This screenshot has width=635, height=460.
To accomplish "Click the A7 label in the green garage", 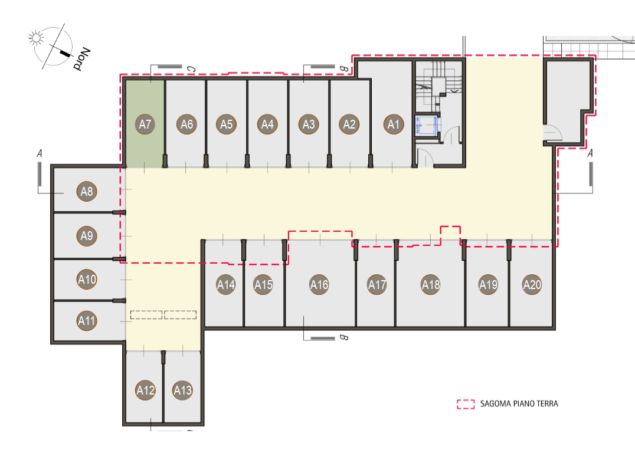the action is pyautogui.click(x=145, y=124).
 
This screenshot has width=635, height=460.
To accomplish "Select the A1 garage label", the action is pyautogui.click(x=394, y=124).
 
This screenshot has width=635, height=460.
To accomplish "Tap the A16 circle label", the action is pyautogui.click(x=319, y=285).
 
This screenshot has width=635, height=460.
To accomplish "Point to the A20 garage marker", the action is pyautogui.click(x=532, y=285).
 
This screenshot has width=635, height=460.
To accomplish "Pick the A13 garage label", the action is pyautogui.click(x=182, y=390).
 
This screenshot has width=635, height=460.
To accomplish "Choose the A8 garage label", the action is pyautogui.click(x=87, y=191).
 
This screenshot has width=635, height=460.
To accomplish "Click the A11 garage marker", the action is pyautogui.click(x=87, y=321).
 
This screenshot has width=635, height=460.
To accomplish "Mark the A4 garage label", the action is pyautogui.click(x=267, y=124).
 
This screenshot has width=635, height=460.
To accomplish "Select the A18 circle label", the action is pyautogui.click(x=431, y=285).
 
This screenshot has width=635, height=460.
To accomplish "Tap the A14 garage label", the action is pyautogui.click(x=226, y=285).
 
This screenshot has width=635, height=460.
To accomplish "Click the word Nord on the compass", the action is pyautogui.click(x=82, y=59).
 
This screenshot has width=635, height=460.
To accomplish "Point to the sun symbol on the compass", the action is pyautogui.click(x=36, y=38).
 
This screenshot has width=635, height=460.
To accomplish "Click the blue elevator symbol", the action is pyautogui.click(x=427, y=125).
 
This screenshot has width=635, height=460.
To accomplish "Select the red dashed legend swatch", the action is pyautogui.click(x=466, y=404).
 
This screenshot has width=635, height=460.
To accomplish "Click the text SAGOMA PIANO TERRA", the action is pyautogui.click(x=519, y=404).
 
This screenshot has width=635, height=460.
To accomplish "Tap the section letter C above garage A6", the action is pyautogui.click(x=191, y=70).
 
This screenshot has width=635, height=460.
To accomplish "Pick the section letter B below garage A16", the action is pyautogui.click(x=343, y=337).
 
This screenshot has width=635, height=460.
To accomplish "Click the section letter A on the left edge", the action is pyautogui.click(x=40, y=153).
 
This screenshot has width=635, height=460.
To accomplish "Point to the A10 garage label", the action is pyautogui.click(x=87, y=279).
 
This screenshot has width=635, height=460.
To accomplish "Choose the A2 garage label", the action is pyautogui.click(x=349, y=124).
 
